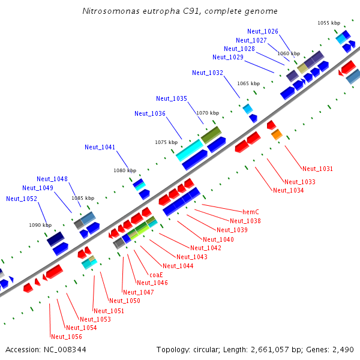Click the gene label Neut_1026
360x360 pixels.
coord(262,31)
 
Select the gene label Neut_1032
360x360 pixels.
coord(208,73)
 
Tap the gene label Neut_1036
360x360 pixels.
coord(150,113)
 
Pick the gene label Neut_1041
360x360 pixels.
coord(100,147)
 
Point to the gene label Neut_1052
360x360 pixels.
coord(22,199)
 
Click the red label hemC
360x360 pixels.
coord(250,212)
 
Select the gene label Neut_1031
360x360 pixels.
coord(317,169)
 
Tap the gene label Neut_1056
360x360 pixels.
coord(66,337)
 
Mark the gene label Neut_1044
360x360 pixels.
coord(178,266)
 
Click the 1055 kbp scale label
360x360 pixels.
coord(328,23)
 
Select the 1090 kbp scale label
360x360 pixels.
coord(40,225)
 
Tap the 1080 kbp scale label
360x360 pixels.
coord(124,170)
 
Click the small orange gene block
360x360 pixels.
coord(277,135)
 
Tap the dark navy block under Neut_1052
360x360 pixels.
coord(55,239)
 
